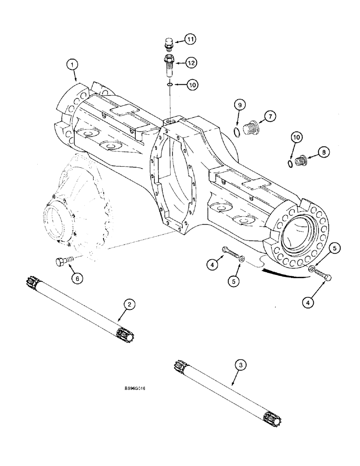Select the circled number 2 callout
click(130, 305)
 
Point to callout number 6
click(77, 278)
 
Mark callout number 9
click(239, 106)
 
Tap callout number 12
click(191, 62)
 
